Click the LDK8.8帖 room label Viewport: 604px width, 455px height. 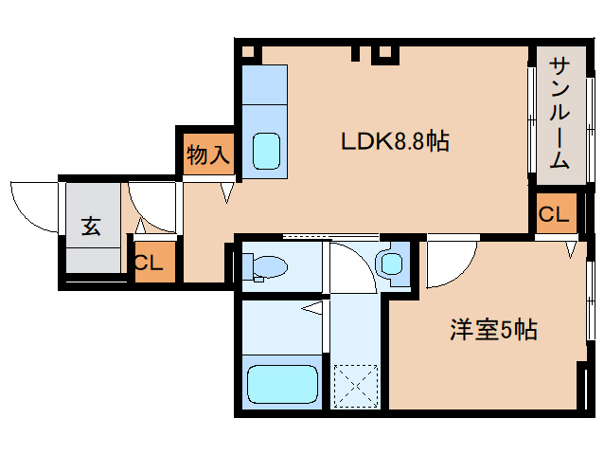click(x=394, y=142)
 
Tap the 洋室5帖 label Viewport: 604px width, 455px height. click(x=492, y=330)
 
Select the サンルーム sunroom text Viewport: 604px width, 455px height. click(x=560, y=115)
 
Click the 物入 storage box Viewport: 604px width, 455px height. click(x=207, y=154)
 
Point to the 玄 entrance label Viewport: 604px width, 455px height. click(x=91, y=227)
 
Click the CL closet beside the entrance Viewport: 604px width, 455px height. click(x=152, y=264)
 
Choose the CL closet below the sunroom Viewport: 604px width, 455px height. click(x=554, y=215)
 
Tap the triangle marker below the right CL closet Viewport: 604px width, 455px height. click(x=571, y=249)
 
